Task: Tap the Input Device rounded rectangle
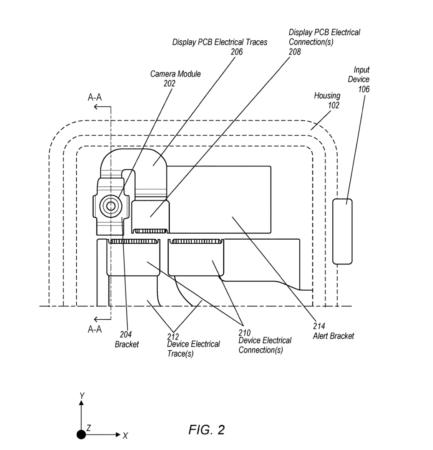(342, 231)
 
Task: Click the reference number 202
(169, 83)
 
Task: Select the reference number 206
(237, 51)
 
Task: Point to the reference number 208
(295, 51)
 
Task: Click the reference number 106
(363, 89)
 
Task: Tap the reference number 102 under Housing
(333, 105)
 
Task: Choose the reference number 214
(319, 326)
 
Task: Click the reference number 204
(126, 335)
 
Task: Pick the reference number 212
(173, 336)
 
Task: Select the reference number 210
(244, 333)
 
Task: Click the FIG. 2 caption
(206, 430)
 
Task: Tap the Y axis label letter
(81, 395)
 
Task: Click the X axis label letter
(125, 436)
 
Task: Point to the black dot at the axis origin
(81, 434)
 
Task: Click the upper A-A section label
(95, 98)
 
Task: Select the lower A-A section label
(95, 329)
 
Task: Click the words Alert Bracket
(333, 336)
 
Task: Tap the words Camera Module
(175, 74)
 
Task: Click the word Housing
(327, 95)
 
